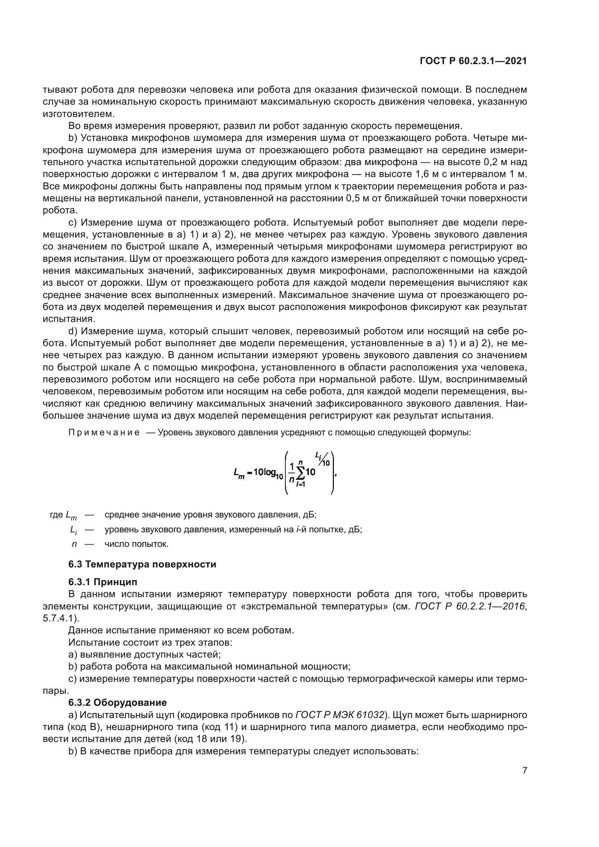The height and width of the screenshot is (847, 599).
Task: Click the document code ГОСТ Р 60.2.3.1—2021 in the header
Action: (473, 61)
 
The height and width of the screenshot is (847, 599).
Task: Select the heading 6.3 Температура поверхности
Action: (142, 565)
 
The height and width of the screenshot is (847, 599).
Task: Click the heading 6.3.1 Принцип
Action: (102, 582)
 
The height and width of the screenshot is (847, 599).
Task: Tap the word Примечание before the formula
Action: (104, 432)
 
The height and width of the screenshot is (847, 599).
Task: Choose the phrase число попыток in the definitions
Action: (137, 544)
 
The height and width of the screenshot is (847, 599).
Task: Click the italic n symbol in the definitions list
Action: (74, 544)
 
